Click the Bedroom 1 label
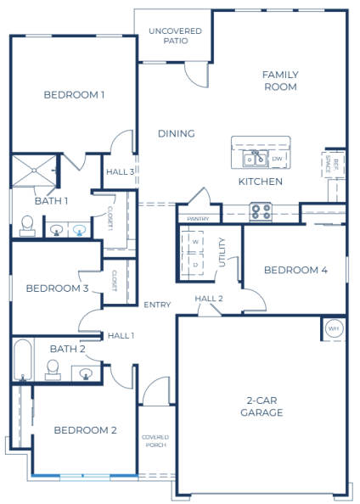click(x=74, y=95)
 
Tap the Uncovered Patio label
click(x=176, y=36)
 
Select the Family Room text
click(x=280, y=81)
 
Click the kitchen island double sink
click(x=256, y=159)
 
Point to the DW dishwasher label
click(x=277, y=159)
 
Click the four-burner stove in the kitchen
click(x=261, y=212)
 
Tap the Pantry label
click(x=198, y=219)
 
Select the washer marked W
click(x=193, y=242)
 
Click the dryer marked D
click(x=193, y=264)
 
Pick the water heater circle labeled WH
click(x=334, y=328)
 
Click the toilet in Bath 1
click(x=27, y=226)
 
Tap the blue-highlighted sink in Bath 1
click(x=80, y=230)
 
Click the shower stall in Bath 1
click(x=34, y=171)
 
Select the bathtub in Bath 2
click(x=23, y=360)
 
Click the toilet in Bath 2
click(x=53, y=369)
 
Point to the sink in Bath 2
click(x=86, y=373)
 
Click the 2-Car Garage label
click(x=262, y=406)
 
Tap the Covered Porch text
click(x=155, y=441)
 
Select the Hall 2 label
click(x=209, y=299)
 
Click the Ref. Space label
click(x=332, y=164)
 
